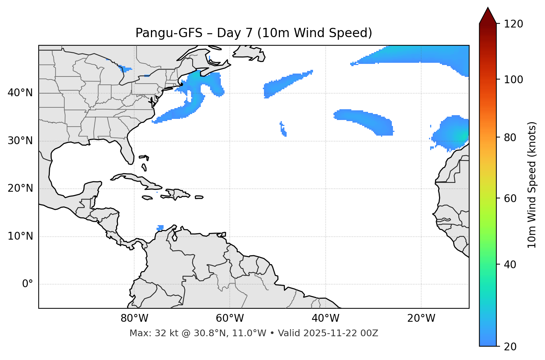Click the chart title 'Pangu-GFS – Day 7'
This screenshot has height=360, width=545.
[254, 33]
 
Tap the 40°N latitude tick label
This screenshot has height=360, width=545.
[20, 93]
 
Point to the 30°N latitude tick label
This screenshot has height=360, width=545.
[20, 141]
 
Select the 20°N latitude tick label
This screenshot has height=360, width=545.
[20, 188]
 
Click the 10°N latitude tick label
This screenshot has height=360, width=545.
[20, 236]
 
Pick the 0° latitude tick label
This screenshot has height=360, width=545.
[28, 284]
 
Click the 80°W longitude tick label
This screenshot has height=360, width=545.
[134, 318]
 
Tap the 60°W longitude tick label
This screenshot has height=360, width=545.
[230, 318]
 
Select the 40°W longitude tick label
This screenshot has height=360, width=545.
[325, 318]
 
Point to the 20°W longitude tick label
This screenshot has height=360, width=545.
[421, 318]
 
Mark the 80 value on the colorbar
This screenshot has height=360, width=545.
[511, 137]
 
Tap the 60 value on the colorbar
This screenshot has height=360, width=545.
[511, 198]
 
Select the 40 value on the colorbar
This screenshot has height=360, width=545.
[511, 265]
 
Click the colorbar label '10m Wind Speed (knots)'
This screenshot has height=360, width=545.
[532, 185]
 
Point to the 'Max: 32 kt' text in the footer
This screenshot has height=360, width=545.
[148, 333]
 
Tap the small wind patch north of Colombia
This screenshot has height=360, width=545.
[160, 227]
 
